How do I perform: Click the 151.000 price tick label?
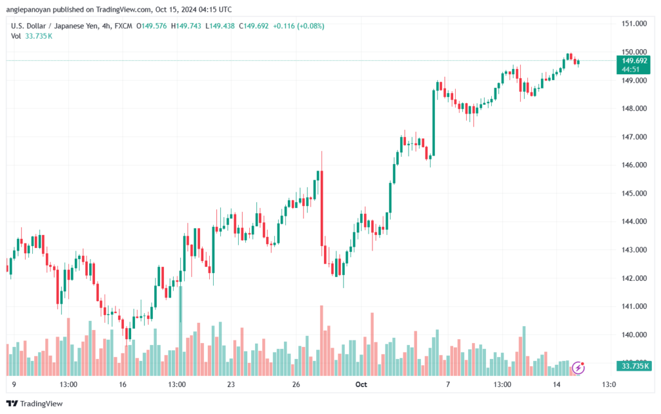tap(634, 24)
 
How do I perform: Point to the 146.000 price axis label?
tap(634, 165)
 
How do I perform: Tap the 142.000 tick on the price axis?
tap(634, 278)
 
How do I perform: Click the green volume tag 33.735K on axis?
tap(634, 366)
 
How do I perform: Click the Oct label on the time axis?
tap(361, 384)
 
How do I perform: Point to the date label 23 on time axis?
tap(230, 384)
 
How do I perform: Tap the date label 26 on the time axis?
tap(296, 384)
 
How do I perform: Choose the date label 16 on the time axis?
tap(123, 384)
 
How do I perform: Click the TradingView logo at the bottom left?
tap(35, 404)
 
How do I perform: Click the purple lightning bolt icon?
tap(578, 367)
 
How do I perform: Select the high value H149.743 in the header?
tap(186, 26)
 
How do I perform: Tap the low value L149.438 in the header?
tap(220, 26)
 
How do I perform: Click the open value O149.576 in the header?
tap(151, 26)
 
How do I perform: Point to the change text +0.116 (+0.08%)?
tap(298, 26)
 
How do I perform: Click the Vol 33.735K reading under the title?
tap(32, 36)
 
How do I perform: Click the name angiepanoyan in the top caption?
tap(28, 9)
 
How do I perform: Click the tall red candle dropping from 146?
tap(322, 208)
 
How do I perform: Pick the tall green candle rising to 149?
tap(433, 123)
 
